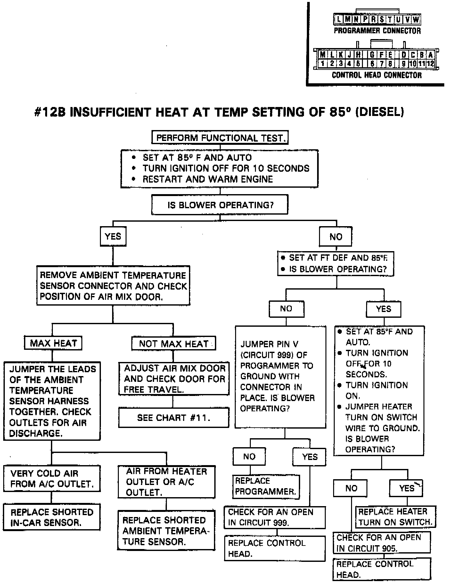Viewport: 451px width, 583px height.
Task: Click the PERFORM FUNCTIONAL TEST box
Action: [220, 138]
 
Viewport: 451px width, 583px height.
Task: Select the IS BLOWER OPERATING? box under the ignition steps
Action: [220, 205]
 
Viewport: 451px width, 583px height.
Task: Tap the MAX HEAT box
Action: [53, 343]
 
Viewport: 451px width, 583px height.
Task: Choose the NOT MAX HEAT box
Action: [174, 344]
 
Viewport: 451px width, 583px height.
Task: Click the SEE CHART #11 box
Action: [174, 418]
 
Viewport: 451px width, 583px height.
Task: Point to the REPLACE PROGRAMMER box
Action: [266, 486]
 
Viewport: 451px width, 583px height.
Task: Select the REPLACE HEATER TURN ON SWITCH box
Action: [395, 517]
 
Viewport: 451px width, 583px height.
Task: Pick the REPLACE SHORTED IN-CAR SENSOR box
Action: [52, 517]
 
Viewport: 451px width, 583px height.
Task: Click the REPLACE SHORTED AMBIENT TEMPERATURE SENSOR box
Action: [166, 531]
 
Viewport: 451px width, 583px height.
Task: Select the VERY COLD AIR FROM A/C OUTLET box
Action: [52, 479]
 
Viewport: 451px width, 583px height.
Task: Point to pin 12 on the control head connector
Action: [430, 63]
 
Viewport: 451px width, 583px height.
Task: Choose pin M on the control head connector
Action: [323, 55]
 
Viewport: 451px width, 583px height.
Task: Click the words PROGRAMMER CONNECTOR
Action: [377, 31]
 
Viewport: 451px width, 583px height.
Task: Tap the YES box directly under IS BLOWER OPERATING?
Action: [113, 236]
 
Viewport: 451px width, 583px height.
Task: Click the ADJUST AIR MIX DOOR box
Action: [174, 379]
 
